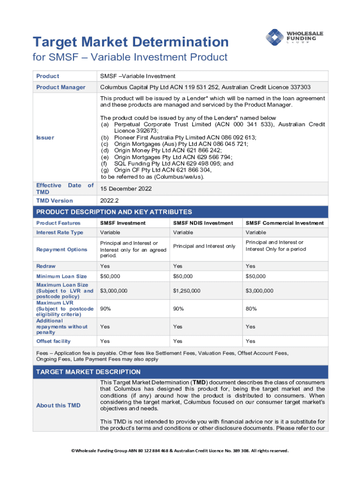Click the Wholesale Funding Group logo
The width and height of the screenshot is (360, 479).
coord(291,37)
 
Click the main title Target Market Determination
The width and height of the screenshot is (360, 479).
coord(130,42)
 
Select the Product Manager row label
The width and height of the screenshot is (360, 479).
coord(61,87)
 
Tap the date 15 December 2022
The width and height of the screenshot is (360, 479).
coord(125,189)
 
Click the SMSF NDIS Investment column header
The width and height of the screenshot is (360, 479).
coord(203,223)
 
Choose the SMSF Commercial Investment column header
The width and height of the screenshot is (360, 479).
coord(285,223)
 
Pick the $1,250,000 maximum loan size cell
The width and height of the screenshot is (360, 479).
coord(187,291)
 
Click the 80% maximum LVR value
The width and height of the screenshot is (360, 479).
coord(252,309)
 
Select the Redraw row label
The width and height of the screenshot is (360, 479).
coord(46,266)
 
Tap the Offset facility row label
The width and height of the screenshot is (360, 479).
coord(54,341)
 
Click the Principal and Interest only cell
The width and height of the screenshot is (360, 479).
coord(204,246)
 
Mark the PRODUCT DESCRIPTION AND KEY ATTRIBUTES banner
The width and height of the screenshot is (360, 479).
coord(114,212)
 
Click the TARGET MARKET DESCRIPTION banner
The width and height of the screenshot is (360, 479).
coord(88,372)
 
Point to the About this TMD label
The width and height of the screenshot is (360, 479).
coord(58,406)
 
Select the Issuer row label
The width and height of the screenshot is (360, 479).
coord(45,138)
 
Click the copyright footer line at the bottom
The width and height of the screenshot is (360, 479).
coord(180,451)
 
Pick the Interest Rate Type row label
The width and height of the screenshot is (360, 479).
coord(60,232)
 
